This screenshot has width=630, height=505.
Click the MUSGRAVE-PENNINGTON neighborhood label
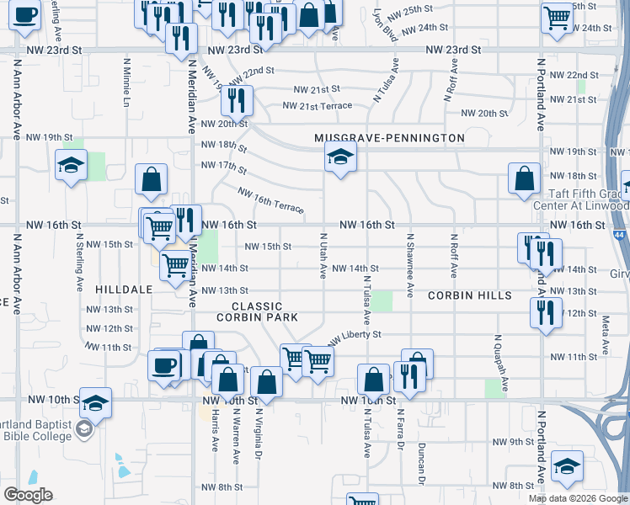pyautogui.click(x=388, y=137)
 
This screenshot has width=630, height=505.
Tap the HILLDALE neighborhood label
pyautogui.click(x=123, y=289)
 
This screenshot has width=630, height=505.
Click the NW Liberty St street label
pyautogui.click(x=355, y=335)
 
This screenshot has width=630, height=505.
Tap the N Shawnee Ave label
pyautogui.click(x=410, y=265)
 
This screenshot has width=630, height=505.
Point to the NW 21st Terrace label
pyautogui.click(x=317, y=106)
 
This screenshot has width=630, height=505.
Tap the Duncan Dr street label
pyautogui.click(x=421, y=463)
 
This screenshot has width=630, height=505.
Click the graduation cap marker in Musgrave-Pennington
pyautogui.click(x=340, y=157)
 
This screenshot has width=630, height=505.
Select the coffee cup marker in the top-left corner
pyautogui.click(x=25, y=14)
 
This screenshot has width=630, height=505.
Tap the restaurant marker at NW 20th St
pyautogui.click(x=237, y=101)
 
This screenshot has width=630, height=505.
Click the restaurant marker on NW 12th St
pyautogui.click(x=545, y=312)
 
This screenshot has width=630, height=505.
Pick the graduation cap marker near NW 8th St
pyautogui.click(x=566, y=465)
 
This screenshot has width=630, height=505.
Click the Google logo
pyautogui.click(x=28, y=495)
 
